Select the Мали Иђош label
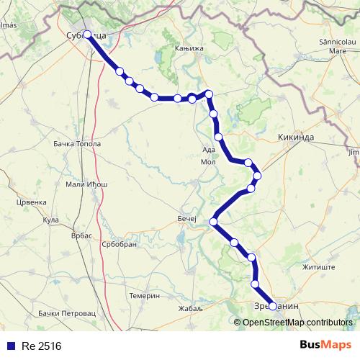click(x=86, y=185)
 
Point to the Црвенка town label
click(x=31, y=202)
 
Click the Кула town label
click(x=50, y=220)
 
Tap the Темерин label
click(x=144, y=296)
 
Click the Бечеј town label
click(x=186, y=217)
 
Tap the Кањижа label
click(x=185, y=48)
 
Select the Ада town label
click(x=209, y=150)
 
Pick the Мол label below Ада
click(x=208, y=162)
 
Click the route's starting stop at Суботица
click(x=87, y=34)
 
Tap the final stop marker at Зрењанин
click(x=273, y=306)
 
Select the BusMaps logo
click(x=325, y=346)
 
